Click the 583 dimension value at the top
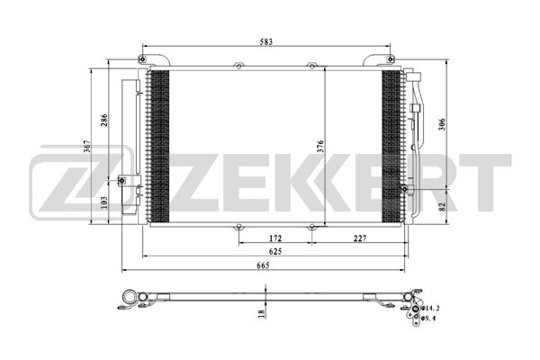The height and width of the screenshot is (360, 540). (x=266, y=42)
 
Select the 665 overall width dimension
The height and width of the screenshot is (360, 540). (x=263, y=265)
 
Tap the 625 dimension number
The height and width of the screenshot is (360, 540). (x=275, y=251)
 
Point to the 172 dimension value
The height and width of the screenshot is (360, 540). (x=275, y=238)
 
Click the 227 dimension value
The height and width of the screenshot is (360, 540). (x=360, y=238)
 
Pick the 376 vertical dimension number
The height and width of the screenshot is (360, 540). (x=320, y=147)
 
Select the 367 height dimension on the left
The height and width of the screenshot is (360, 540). (x=87, y=147)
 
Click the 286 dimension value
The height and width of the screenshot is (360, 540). (x=104, y=120)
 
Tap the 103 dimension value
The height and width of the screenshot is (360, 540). (x=104, y=202)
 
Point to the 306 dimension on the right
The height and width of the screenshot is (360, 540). (x=443, y=124)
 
